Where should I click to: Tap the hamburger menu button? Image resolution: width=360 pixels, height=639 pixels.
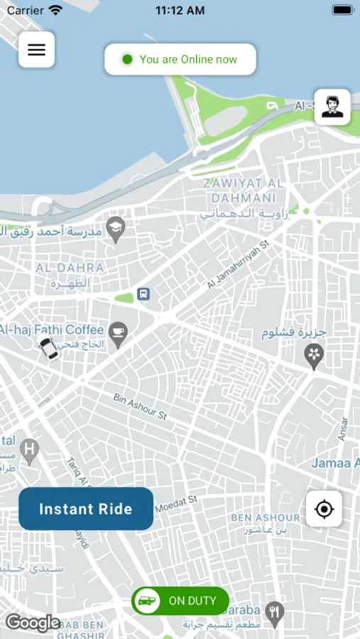[36, 50]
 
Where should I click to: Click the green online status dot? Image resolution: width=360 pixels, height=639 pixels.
[127, 60]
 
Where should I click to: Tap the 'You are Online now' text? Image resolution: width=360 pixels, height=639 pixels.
[188, 60]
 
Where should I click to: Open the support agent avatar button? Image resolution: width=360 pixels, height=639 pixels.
[332, 107]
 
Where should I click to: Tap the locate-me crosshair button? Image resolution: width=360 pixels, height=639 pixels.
[324, 509]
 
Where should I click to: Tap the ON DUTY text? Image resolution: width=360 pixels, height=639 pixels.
[192, 601]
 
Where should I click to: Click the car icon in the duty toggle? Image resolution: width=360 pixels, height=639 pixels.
[146, 601]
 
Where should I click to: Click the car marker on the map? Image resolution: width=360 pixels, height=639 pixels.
[48, 349]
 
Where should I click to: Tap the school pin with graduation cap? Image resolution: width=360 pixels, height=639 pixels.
[115, 229]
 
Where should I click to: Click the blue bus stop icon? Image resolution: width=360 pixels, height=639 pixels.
[143, 294]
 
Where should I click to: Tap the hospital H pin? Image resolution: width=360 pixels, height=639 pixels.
[29, 449]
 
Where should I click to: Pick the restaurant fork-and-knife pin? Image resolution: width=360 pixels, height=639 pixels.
[275, 611]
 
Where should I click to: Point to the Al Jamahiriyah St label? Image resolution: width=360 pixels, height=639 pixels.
[239, 265]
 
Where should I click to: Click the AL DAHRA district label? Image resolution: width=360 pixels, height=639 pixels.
[70, 268]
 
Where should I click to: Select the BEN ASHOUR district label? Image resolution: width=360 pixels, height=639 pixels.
[265, 518]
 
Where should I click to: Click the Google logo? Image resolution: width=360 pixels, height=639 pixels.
[33, 623]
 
